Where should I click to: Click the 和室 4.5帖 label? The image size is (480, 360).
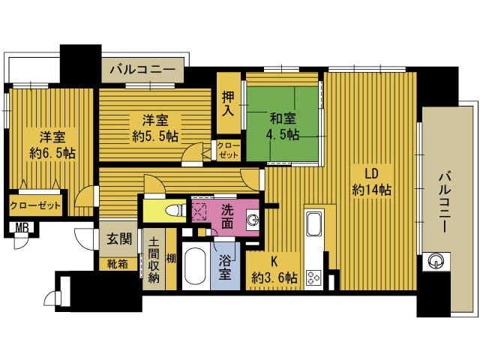tap(282, 126)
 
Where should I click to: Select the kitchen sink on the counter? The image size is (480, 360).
tap(314, 223)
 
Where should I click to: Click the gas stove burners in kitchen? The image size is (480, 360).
tap(314, 277)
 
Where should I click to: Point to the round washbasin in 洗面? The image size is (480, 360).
tap(253, 220)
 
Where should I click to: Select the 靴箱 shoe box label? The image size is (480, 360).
tap(116, 263)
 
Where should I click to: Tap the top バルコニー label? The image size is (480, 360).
tap(142, 71)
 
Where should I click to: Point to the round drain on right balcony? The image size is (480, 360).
tap(436, 261)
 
